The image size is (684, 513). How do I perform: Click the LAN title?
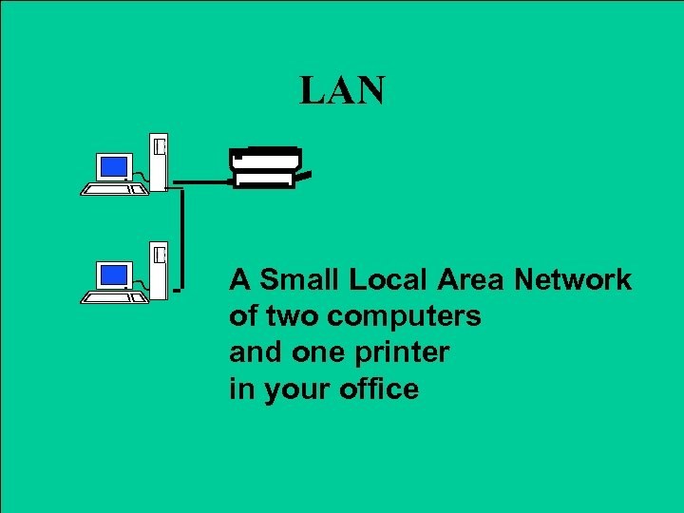pyautogui.click(x=342, y=91)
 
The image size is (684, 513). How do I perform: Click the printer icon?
pyautogui.click(x=270, y=167)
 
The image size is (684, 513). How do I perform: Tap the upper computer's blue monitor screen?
pyautogui.click(x=114, y=167)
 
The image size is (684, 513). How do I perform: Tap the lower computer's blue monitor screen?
pyautogui.click(x=114, y=275)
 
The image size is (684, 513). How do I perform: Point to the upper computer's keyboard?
pyautogui.click(x=114, y=189)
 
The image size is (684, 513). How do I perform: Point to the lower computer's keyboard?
pyautogui.click(x=114, y=297)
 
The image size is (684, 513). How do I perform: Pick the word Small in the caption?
pyautogui.click(x=299, y=280)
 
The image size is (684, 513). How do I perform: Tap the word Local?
pyautogui.click(x=389, y=280)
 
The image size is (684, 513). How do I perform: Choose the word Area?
pyautogui.click(x=472, y=280)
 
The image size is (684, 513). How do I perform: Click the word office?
pyautogui.click(x=373, y=389)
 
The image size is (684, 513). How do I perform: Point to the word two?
pyautogui.click(x=289, y=316)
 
